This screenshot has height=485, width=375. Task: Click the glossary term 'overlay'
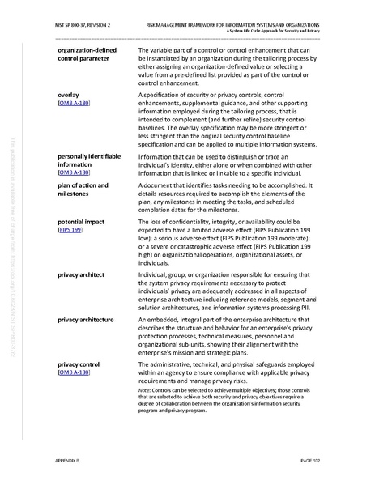pyautogui.click(x=70, y=96)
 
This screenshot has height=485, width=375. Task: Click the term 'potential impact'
pyautogui.click(x=83, y=221)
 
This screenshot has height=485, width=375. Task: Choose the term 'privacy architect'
pyautogui.click(x=81, y=275)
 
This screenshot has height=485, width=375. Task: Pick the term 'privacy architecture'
pyautogui.click(x=86, y=320)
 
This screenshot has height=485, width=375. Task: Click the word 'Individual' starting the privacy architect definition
pyautogui.click(x=156, y=275)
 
